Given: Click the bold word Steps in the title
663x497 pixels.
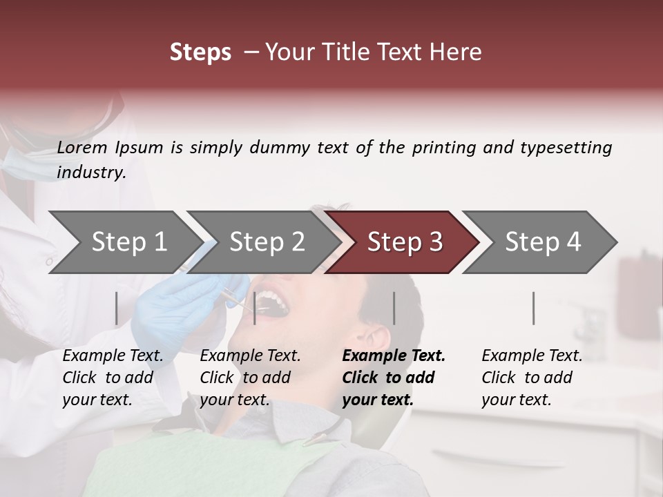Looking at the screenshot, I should [x=200, y=52].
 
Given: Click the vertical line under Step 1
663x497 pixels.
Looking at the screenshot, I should [x=116, y=308].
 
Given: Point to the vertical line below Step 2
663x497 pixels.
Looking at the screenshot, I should [x=255, y=308].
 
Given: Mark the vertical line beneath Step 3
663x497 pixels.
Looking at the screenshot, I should [x=394, y=308].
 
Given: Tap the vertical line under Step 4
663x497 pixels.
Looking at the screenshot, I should [x=534, y=308].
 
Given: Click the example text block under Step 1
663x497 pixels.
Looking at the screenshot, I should [x=113, y=378].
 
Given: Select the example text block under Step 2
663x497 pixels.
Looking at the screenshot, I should [x=250, y=378].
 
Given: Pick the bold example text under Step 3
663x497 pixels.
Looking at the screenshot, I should [x=393, y=378].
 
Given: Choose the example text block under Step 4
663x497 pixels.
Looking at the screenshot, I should [x=532, y=378].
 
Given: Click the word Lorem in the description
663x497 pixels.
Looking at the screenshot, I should [x=82, y=148].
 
